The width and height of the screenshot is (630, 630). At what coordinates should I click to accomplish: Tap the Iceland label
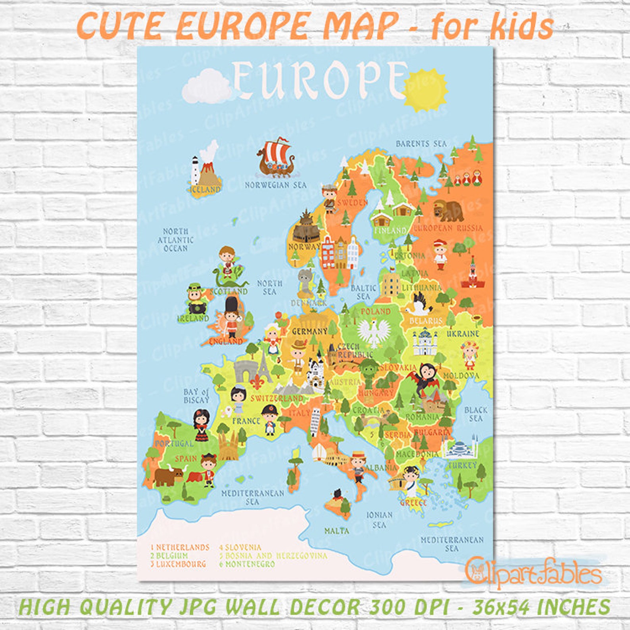click(206, 190)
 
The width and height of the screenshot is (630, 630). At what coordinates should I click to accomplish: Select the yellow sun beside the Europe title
click(425, 90)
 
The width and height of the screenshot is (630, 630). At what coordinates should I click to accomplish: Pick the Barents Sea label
click(421, 144)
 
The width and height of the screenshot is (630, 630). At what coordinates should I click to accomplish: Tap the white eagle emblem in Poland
click(374, 332)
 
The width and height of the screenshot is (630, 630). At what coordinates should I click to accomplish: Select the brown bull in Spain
click(168, 475)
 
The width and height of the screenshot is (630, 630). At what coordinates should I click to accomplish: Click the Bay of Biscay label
click(196, 396)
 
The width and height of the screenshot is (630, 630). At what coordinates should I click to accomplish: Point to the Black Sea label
click(475, 414)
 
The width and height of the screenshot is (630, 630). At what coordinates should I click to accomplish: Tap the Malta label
click(337, 531)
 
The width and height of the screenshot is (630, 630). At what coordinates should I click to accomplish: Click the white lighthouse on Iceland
click(195, 170)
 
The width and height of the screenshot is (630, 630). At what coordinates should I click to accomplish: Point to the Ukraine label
click(463, 334)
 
